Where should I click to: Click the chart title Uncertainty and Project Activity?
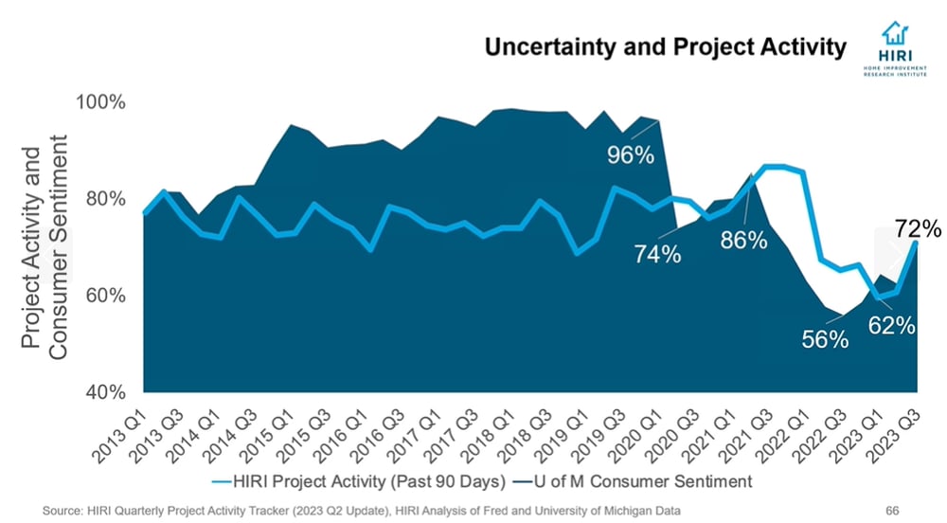[665, 47]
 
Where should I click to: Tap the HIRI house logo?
[895, 37]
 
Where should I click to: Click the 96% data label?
[631, 154]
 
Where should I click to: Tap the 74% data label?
[657, 254]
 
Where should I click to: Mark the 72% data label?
[917, 228]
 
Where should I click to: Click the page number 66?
[891, 511]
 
